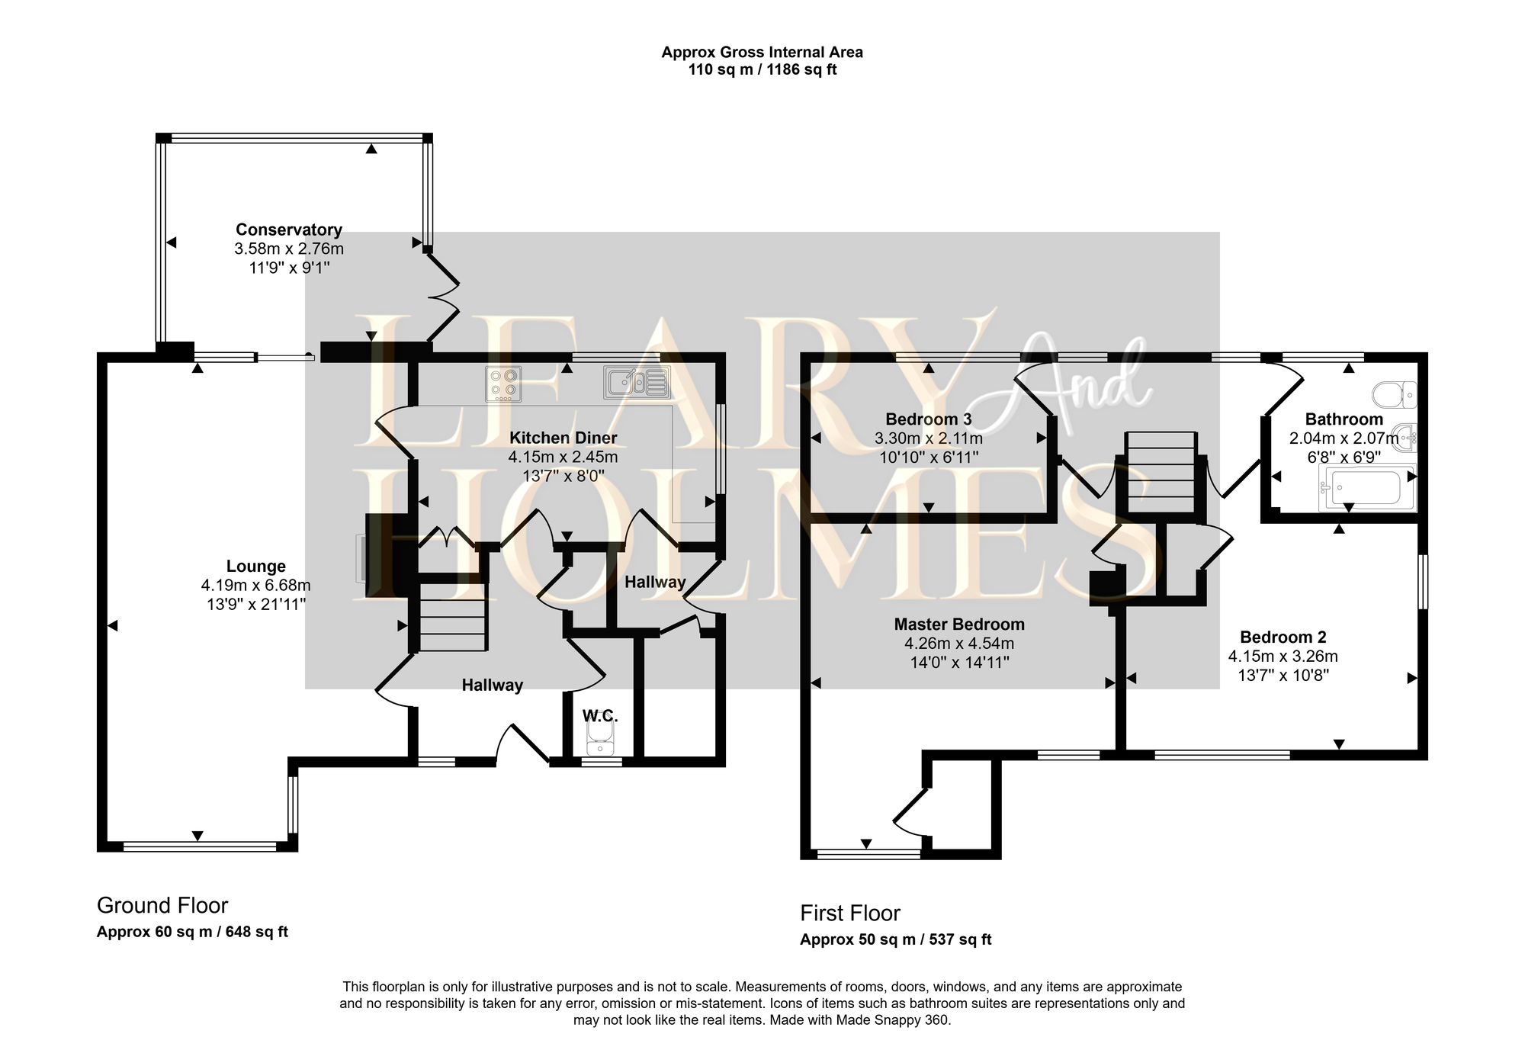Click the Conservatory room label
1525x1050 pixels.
(x=288, y=230)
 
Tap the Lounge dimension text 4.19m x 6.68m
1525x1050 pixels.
(x=255, y=586)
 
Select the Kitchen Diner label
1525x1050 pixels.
(x=563, y=438)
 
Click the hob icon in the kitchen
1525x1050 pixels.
(x=503, y=384)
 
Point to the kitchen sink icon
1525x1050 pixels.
(x=637, y=383)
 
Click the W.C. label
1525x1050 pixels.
(x=600, y=716)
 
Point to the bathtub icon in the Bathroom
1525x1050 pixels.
(x=1367, y=488)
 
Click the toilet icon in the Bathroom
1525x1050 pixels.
(x=1394, y=395)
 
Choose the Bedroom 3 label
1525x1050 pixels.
(x=928, y=419)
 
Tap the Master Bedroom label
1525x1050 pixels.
(x=958, y=625)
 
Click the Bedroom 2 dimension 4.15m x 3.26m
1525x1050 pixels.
(x=1283, y=657)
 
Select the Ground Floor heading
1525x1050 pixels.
(x=162, y=906)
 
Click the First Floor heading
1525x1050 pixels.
(x=849, y=914)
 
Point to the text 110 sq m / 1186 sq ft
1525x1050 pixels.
(x=762, y=70)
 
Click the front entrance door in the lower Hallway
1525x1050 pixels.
(x=523, y=743)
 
